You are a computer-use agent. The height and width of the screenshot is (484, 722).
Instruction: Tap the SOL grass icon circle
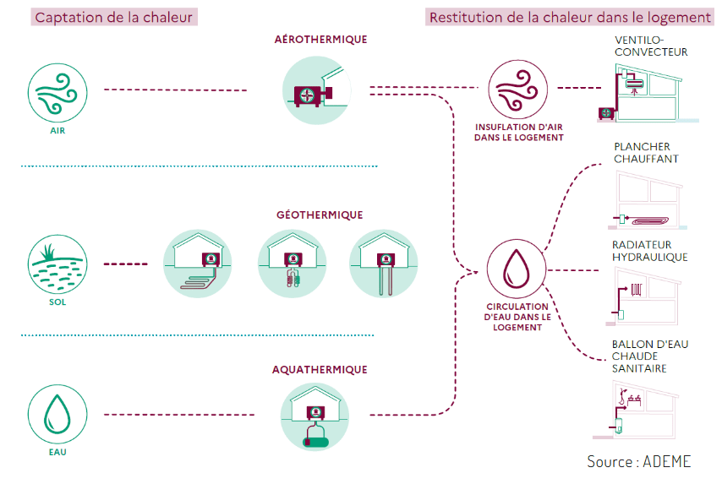tap(58, 264)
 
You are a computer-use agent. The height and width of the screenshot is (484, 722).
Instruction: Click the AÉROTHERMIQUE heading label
tap(320, 40)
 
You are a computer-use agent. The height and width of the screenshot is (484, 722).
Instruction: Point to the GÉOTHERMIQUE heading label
tap(320, 215)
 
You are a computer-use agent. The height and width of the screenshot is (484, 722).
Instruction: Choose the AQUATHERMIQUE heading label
tap(320, 369)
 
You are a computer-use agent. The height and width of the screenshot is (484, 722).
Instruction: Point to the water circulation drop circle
tap(517, 269)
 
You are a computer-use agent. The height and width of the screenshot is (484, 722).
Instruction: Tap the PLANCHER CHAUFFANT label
tap(646, 152)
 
